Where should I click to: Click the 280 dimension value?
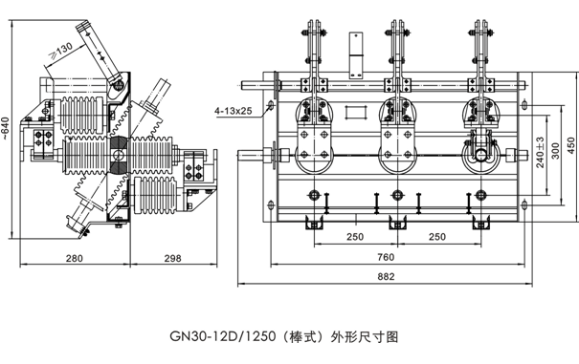point(75,258)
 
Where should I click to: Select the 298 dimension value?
point(172,258)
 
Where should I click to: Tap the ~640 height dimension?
point(5,128)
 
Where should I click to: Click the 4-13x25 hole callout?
point(234,110)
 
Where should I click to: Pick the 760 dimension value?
point(386,257)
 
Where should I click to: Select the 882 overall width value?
point(386,276)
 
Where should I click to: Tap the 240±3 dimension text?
point(540,152)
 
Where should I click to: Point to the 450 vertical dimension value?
point(570,145)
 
